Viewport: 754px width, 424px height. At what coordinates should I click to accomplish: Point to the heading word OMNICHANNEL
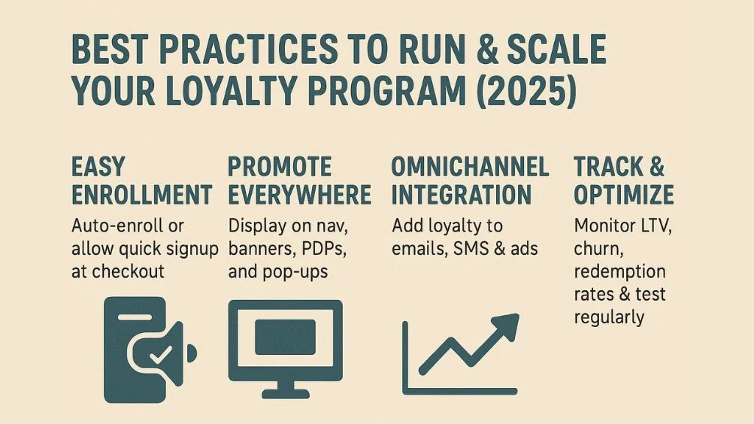(471, 166)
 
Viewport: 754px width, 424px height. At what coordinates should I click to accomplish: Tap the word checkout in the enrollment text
(129, 271)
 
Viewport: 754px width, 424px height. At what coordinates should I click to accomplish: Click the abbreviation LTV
(647, 224)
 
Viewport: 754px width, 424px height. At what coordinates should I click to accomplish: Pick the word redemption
(619, 271)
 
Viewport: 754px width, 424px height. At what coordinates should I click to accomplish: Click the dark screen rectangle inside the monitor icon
(285, 336)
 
